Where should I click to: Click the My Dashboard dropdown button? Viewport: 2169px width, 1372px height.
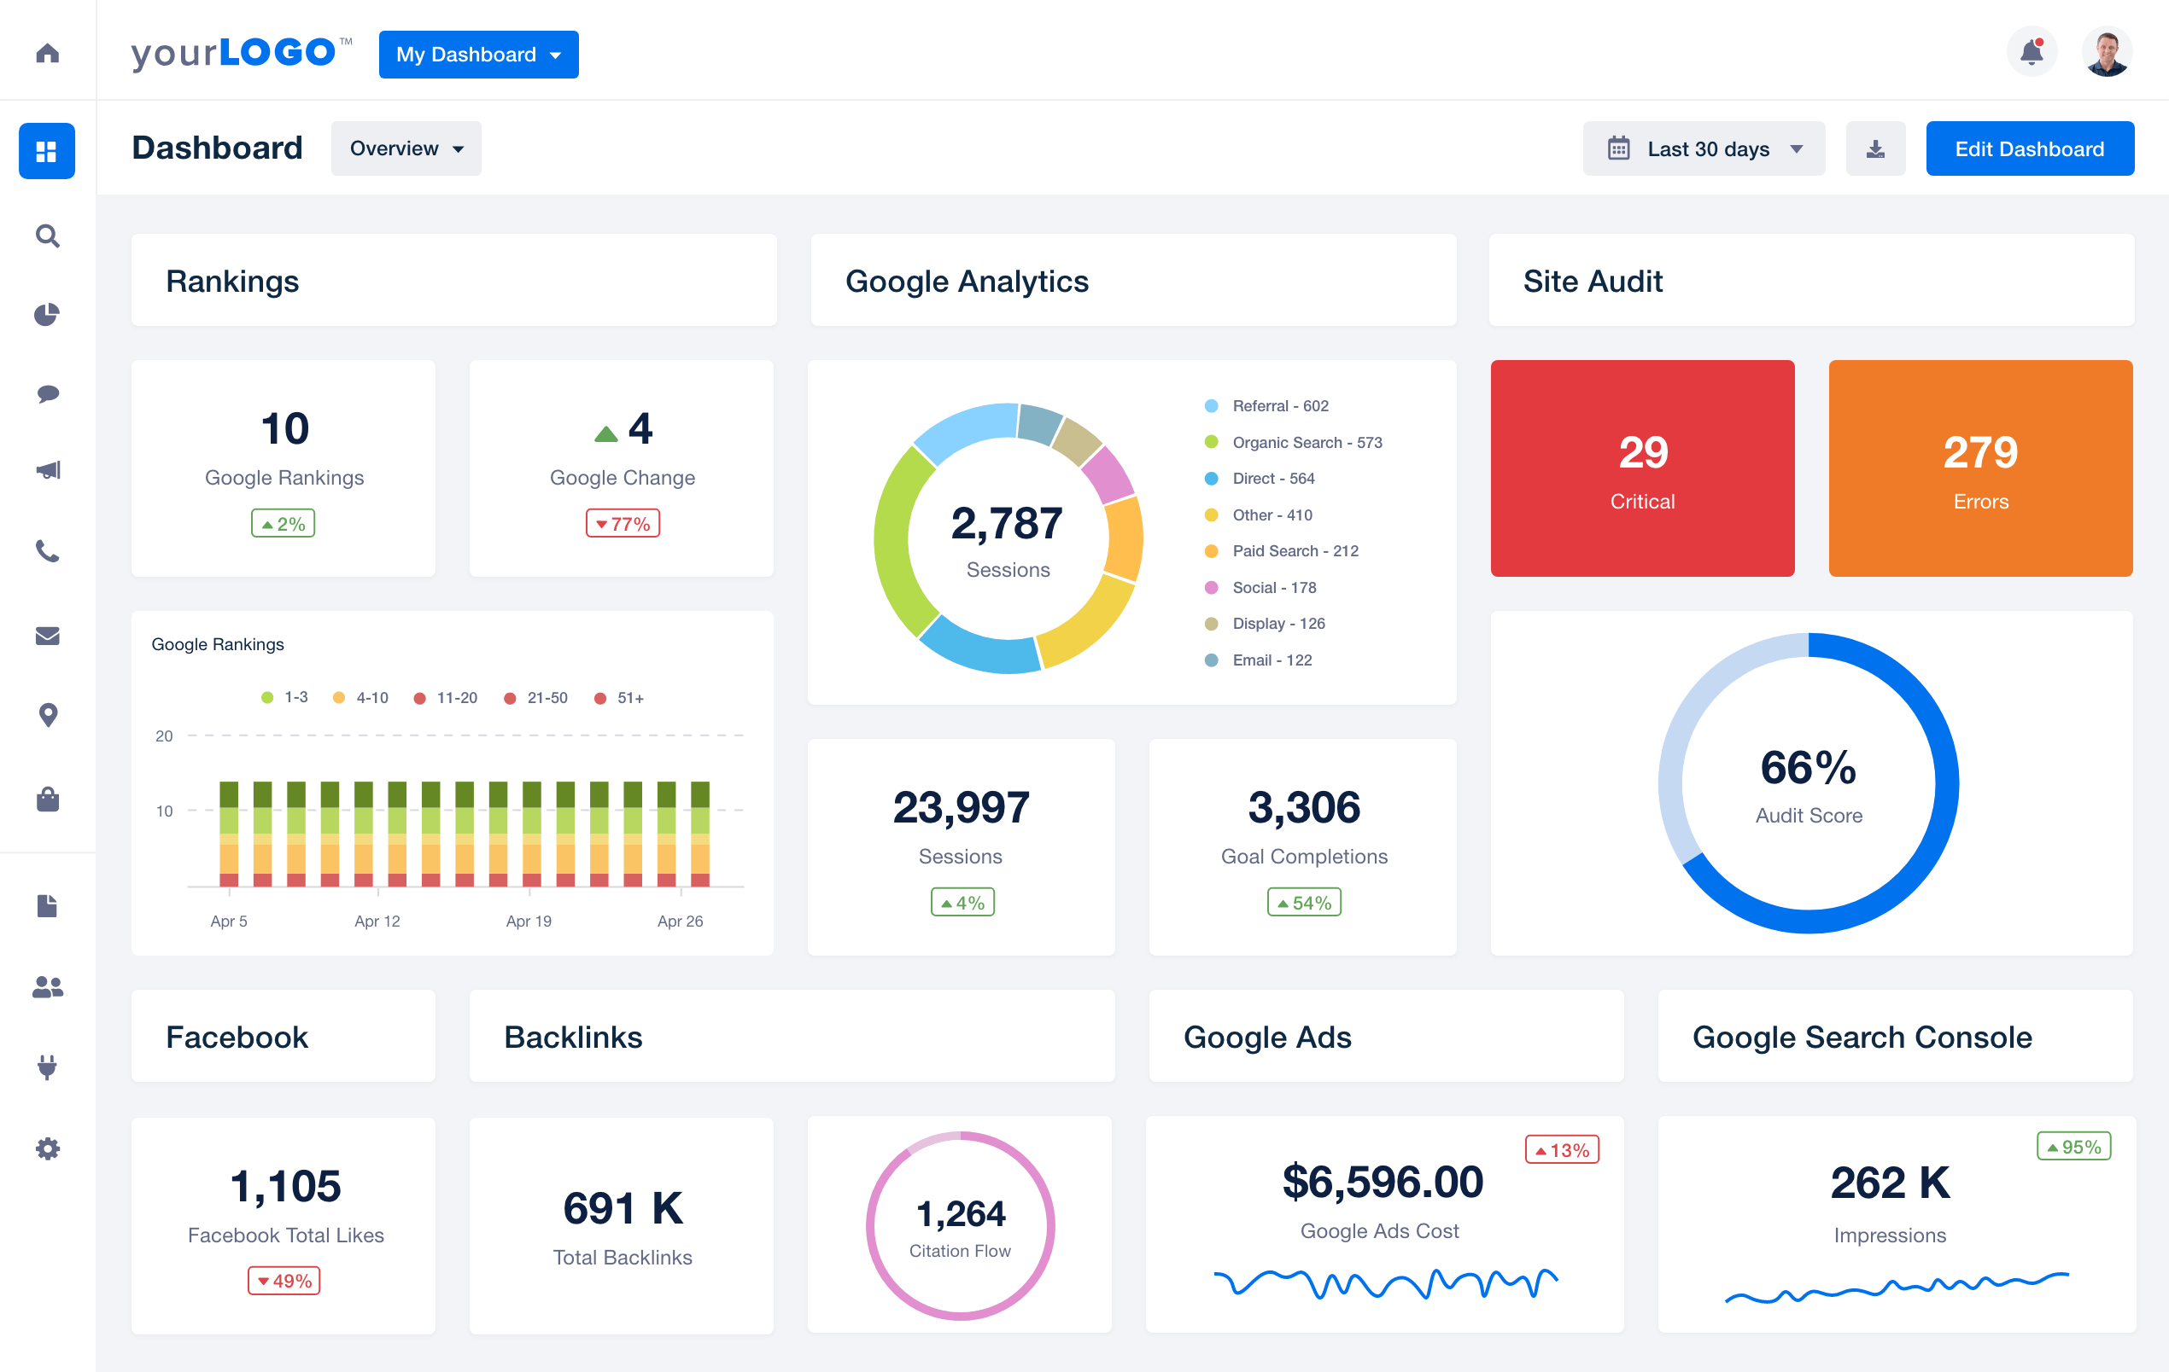(x=478, y=55)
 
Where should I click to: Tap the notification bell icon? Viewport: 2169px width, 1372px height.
(x=2032, y=52)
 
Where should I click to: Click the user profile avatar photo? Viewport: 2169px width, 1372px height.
(x=2106, y=54)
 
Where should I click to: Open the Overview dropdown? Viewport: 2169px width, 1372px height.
(x=406, y=148)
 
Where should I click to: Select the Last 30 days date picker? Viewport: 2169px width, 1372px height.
(x=1704, y=148)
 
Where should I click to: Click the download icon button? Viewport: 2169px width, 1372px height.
(x=1874, y=148)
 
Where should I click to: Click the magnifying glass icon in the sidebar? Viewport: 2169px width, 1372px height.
(x=48, y=235)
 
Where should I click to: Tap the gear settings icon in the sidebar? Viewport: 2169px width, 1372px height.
(x=48, y=1148)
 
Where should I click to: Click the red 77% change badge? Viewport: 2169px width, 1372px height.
(x=623, y=524)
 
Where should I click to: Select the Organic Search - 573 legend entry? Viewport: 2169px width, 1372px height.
(x=1305, y=442)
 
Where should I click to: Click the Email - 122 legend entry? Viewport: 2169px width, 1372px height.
(x=1271, y=660)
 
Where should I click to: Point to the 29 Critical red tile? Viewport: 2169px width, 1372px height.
(x=1642, y=468)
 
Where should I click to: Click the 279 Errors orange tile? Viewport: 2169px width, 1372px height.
(x=1979, y=468)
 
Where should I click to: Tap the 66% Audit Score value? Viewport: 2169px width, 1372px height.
(x=1808, y=768)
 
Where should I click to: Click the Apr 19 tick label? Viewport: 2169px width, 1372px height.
(x=529, y=921)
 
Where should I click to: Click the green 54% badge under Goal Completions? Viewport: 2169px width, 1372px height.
(x=1303, y=902)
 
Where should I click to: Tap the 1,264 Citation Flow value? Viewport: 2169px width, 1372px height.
(x=960, y=1213)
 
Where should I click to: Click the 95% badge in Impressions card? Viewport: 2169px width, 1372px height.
(x=2073, y=1147)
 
